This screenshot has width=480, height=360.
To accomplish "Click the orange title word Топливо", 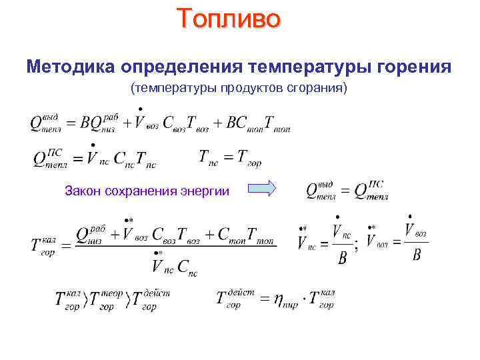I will tap(229, 19).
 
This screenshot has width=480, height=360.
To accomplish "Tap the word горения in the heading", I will tap(415, 67).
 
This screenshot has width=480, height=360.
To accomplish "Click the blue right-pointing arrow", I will tap(266, 189).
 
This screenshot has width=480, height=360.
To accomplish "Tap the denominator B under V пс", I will tap(343, 257).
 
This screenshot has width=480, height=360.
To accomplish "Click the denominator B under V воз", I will tap(417, 255).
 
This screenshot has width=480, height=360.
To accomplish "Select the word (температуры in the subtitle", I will tap(164, 89).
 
